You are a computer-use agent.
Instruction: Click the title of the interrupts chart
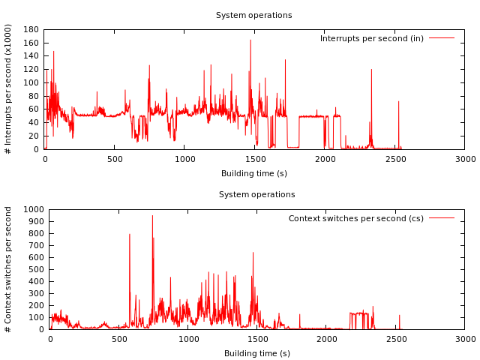tap(253, 15)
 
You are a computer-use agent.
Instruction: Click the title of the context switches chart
tap(256, 195)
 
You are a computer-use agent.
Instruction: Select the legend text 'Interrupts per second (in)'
tap(372, 38)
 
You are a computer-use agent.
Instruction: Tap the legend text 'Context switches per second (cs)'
tap(356, 218)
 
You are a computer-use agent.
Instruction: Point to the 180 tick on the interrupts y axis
tap(31, 30)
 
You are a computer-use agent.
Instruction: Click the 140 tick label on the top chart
tap(31, 56)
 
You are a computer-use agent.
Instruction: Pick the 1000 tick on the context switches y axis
tap(34, 210)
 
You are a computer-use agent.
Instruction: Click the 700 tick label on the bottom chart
tap(37, 245)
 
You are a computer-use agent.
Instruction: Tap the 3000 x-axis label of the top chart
tap(465, 159)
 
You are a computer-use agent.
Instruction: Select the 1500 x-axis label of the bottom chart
tap(257, 339)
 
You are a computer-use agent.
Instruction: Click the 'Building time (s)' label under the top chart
tap(254, 173)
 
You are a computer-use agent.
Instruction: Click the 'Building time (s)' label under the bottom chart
tap(257, 353)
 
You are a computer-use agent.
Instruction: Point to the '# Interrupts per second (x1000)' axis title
tap(7, 89)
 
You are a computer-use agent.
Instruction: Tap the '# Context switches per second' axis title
tap(7, 270)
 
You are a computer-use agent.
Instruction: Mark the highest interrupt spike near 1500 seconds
tap(250, 40)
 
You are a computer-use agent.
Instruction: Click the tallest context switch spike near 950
tap(152, 216)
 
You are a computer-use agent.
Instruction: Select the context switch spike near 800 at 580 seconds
tap(130, 235)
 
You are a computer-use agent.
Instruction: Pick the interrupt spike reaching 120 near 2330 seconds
tap(372, 70)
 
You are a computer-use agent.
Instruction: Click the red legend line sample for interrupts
tap(442, 38)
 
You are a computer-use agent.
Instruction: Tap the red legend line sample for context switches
tap(442, 218)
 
